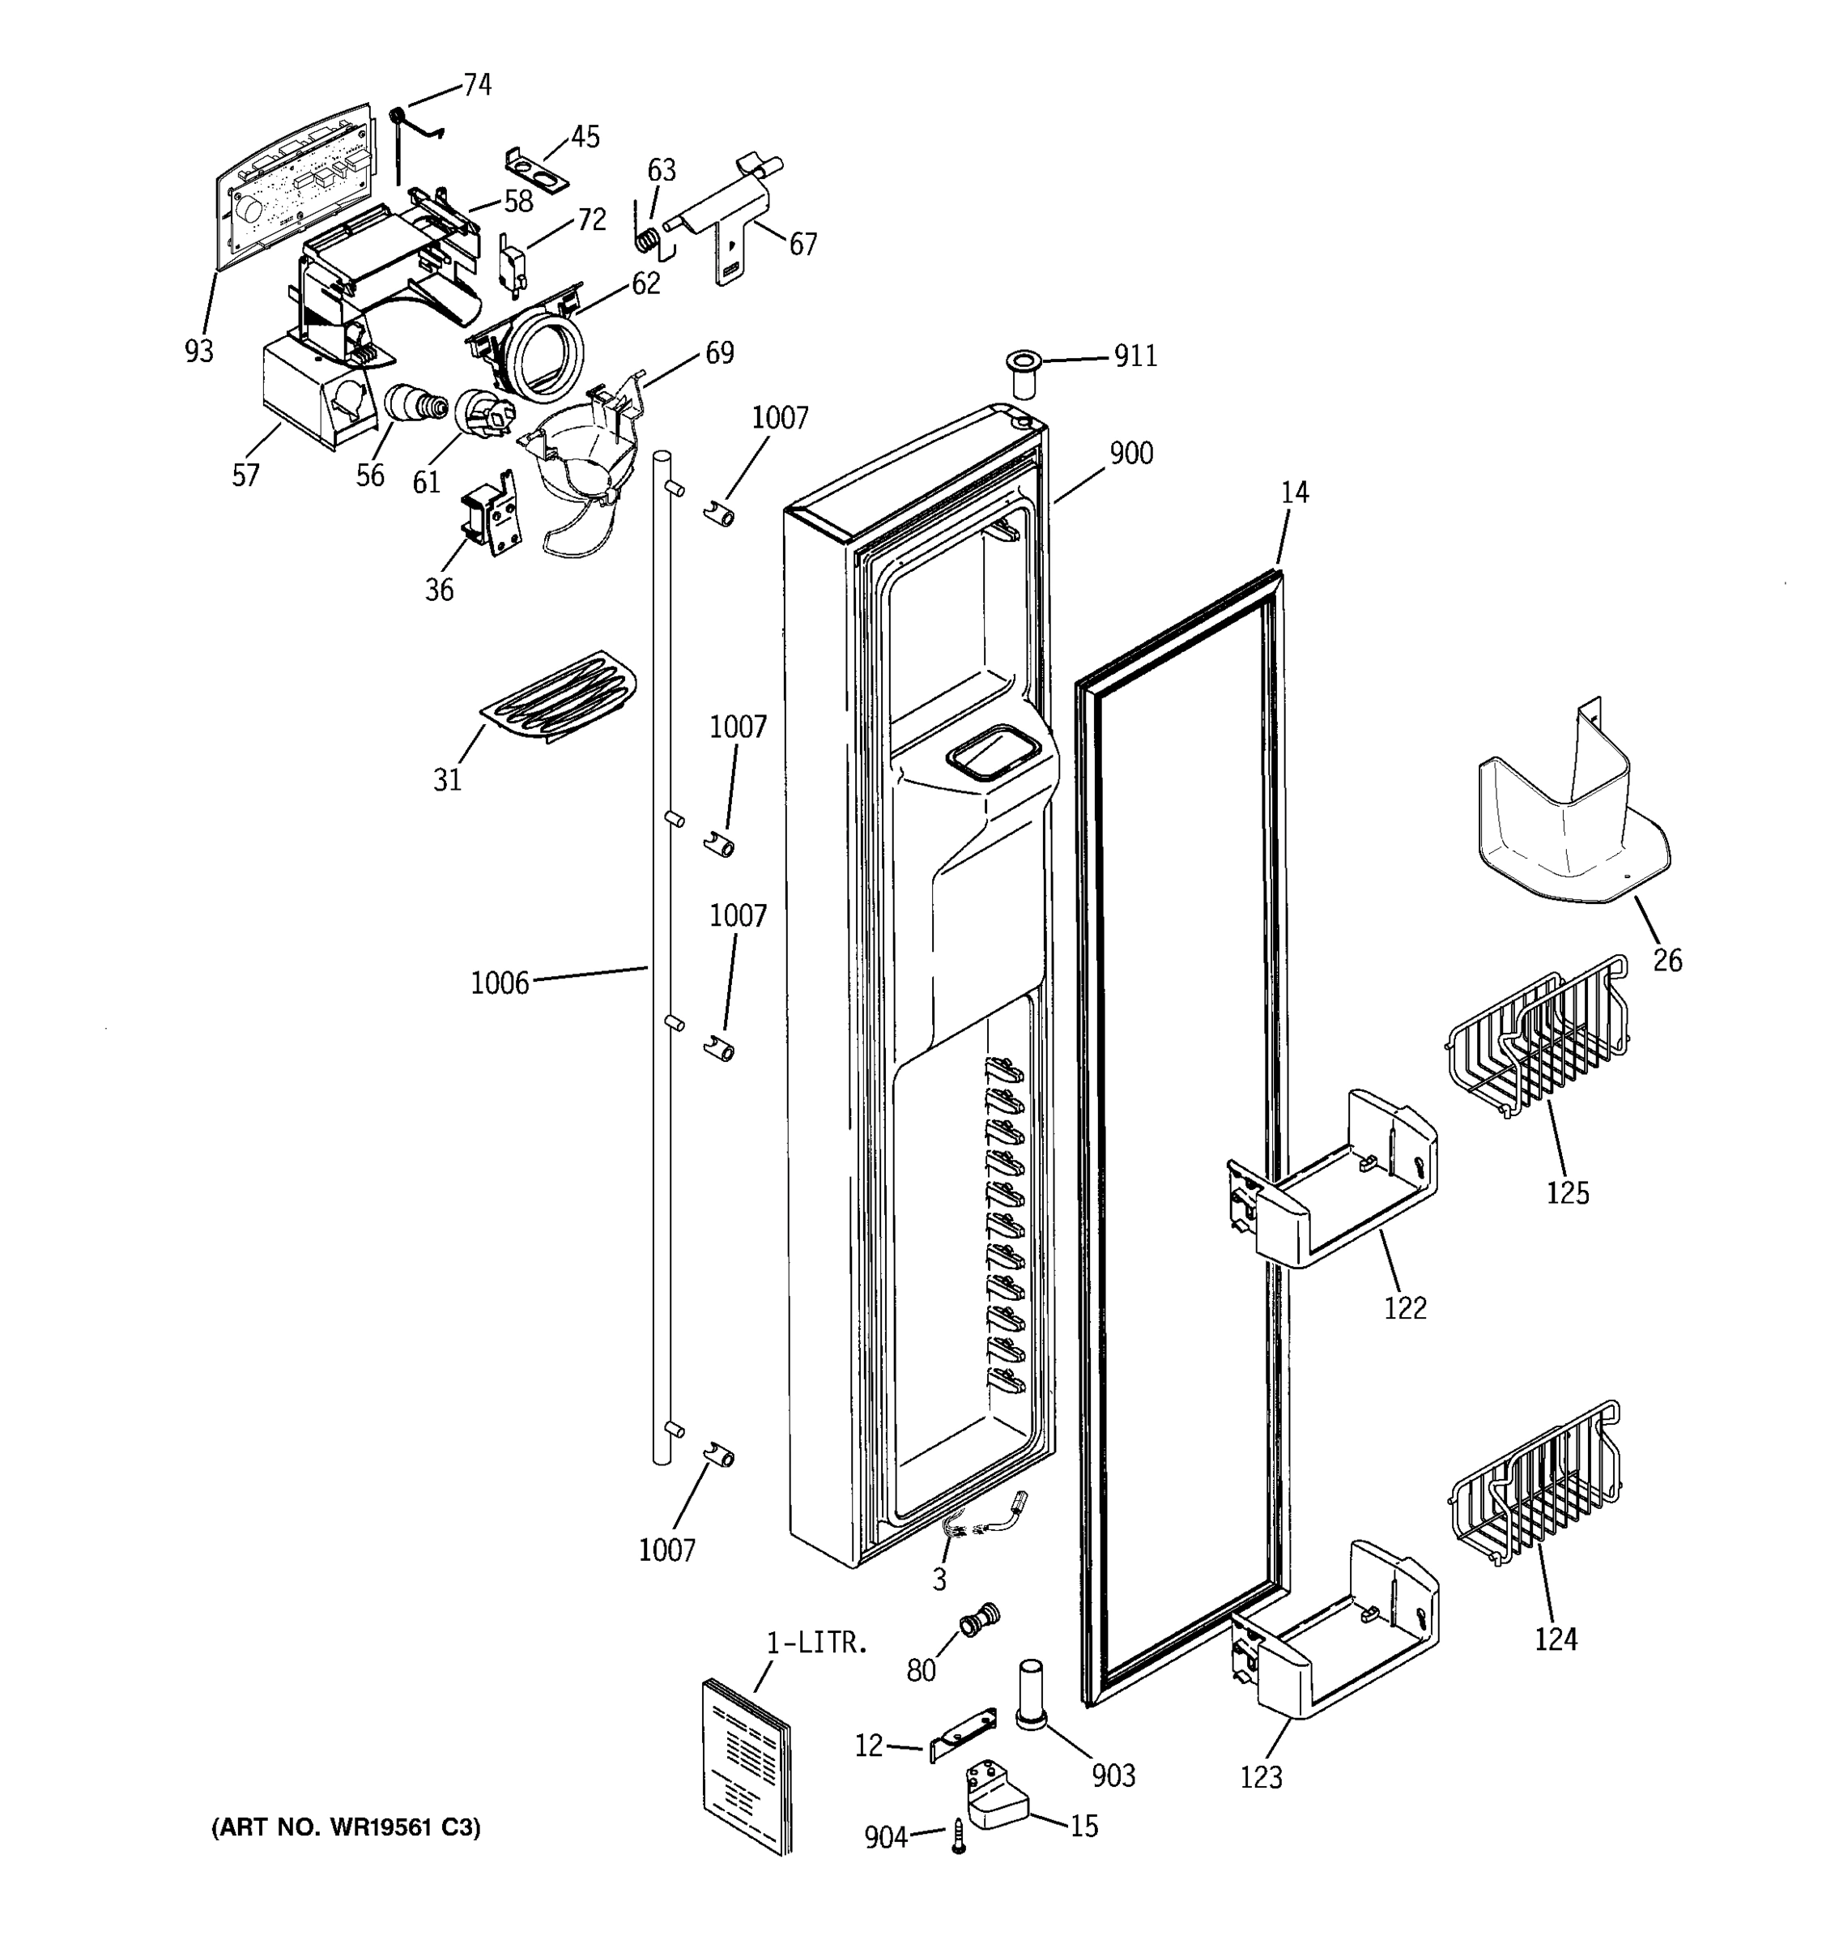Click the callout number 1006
pos(500,983)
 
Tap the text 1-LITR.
pos(817,1643)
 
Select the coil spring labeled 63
pos(647,237)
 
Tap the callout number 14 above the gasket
pos(1294,492)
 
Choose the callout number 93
pos(198,351)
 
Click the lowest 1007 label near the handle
pos(666,1550)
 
